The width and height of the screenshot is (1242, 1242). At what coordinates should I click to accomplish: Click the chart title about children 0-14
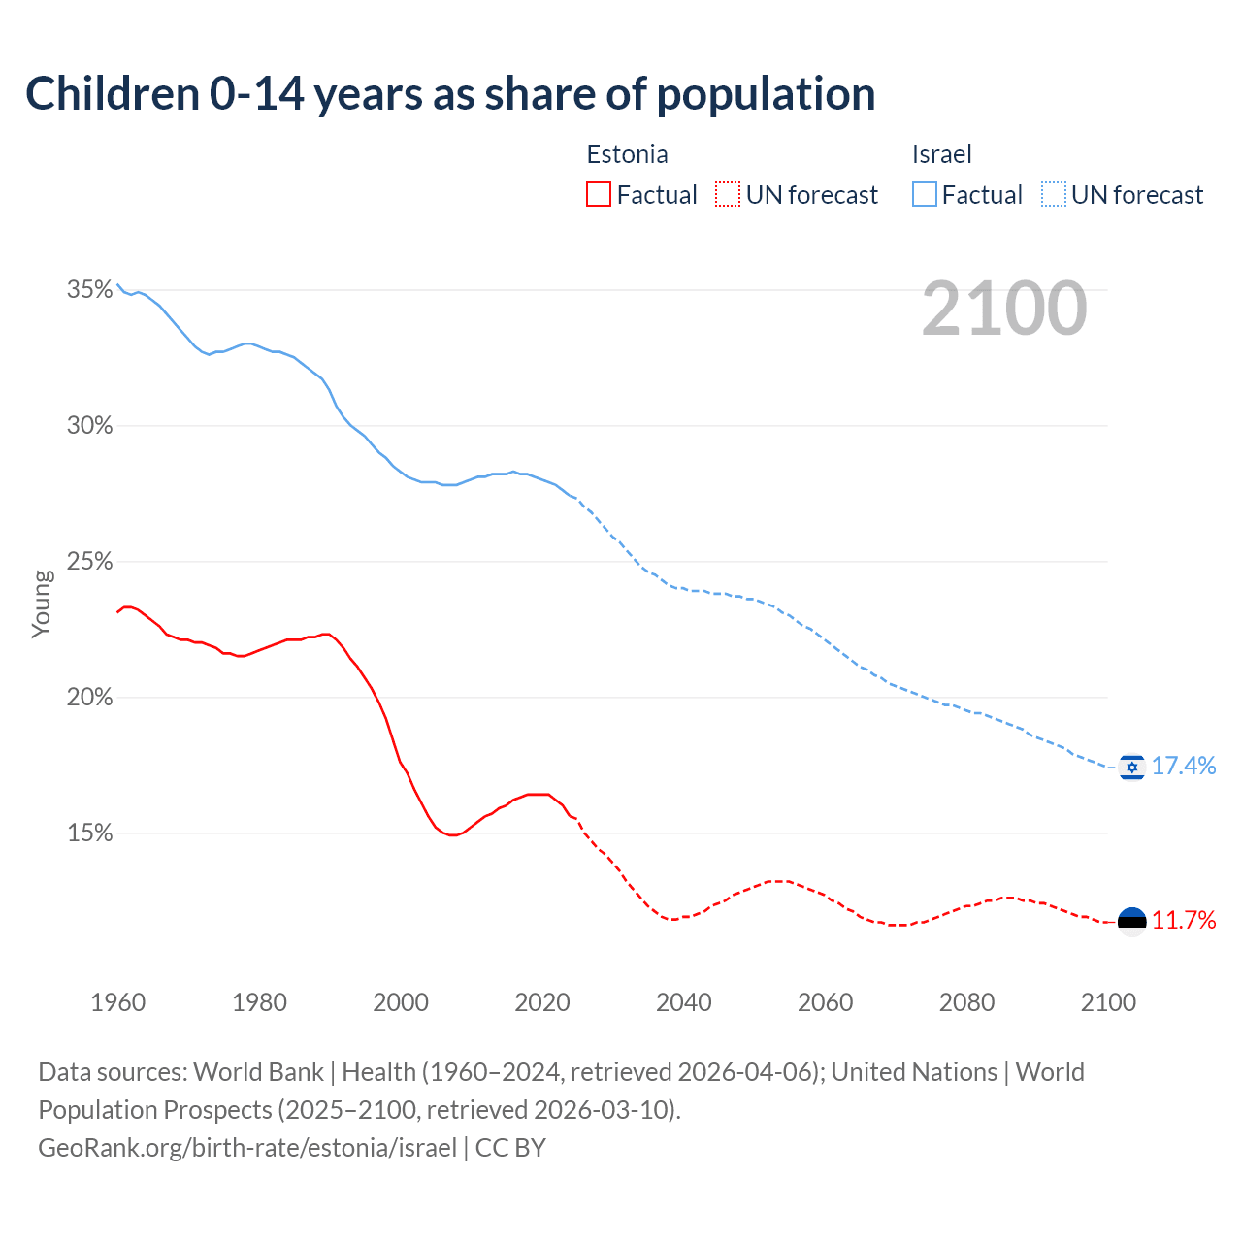450,94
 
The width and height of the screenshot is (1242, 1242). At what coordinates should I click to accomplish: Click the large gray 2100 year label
1004,309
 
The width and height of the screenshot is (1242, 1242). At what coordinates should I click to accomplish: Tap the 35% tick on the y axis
89,290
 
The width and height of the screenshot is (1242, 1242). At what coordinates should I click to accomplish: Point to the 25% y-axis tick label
89,562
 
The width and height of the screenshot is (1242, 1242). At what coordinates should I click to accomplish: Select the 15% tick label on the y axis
89,833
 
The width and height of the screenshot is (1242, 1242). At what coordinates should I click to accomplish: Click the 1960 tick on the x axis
117,1002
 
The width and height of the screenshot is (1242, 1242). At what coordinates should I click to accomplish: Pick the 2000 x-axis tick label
401,1002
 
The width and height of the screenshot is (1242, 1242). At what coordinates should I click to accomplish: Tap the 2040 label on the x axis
684,1002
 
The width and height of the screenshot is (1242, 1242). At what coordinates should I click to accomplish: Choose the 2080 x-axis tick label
966,1002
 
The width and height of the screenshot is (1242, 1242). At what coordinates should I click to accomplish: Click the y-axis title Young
42,604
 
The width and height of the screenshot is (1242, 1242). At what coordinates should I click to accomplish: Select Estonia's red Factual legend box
599,195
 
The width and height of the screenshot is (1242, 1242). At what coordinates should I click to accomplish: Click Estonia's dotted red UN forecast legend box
728,195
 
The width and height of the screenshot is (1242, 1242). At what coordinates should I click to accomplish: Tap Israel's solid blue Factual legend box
925,195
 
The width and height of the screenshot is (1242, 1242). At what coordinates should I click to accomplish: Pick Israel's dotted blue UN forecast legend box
1054,195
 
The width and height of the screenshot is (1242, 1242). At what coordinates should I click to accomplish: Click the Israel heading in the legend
941,154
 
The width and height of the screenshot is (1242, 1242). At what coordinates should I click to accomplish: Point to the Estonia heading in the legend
627,154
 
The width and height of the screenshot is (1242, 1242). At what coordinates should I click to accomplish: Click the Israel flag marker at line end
1131,767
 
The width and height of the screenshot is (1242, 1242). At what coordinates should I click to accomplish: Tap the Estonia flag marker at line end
1131,920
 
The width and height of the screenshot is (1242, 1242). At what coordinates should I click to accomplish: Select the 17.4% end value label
1184,767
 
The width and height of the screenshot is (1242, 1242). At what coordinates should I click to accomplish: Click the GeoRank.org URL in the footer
247,1148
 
